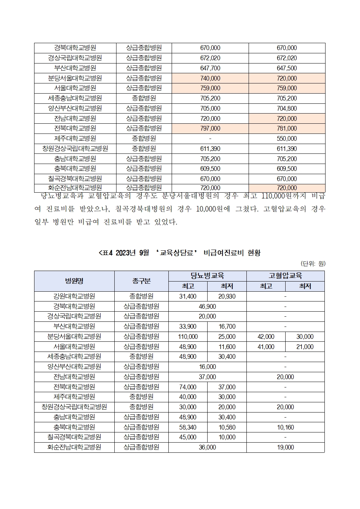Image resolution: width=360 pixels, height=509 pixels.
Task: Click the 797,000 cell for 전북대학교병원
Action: tap(210, 128)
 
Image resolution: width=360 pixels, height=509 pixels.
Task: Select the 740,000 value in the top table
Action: tap(210, 78)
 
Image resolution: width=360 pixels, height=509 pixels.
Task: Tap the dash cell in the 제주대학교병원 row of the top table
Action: tap(210, 139)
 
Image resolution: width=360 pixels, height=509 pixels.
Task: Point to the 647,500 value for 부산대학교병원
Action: tap(287, 68)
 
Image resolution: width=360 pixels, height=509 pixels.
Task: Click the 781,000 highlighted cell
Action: tap(287, 128)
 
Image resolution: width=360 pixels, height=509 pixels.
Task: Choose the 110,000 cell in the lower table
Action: tap(188, 337)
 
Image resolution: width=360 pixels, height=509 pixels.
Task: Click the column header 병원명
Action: tap(74, 281)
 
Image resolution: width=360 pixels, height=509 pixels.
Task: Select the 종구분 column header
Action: tap(142, 281)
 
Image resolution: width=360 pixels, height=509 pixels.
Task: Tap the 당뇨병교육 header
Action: tap(208, 276)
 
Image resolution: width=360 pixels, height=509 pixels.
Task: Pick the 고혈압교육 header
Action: tap(285, 276)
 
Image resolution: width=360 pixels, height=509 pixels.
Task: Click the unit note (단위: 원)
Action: tap(312, 264)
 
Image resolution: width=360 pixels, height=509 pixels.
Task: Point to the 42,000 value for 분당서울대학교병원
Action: tap(266, 337)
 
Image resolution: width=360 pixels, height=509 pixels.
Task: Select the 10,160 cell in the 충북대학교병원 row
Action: tap(285, 427)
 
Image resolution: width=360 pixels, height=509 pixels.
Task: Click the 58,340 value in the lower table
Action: tap(188, 427)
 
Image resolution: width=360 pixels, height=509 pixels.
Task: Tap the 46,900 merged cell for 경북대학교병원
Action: tap(208, 307)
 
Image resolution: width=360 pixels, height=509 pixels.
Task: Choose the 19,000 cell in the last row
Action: tap(285, 447)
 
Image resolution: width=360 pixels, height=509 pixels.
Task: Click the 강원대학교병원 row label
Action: tap(74, 296)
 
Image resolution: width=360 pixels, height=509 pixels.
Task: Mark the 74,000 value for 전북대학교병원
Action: tap(188, 387)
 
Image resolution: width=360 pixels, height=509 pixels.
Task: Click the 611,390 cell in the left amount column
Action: tap(210, 149)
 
